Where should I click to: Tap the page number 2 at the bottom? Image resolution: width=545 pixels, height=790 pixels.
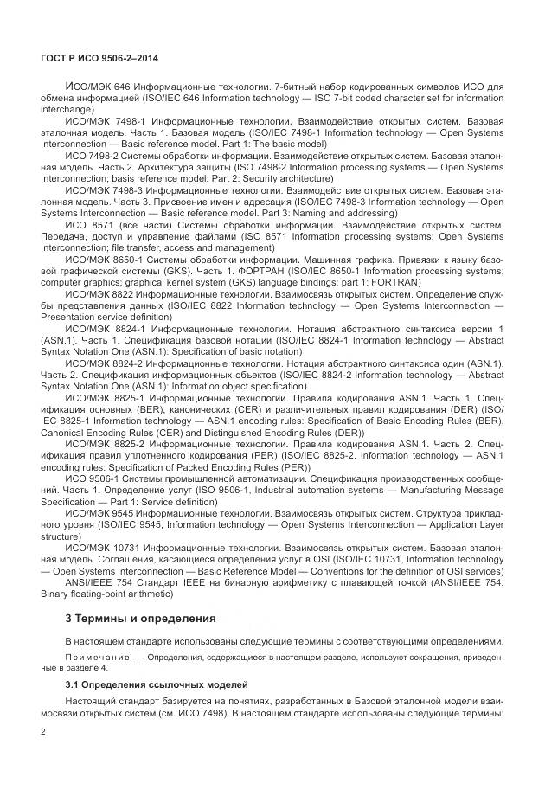tap(43, 731)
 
